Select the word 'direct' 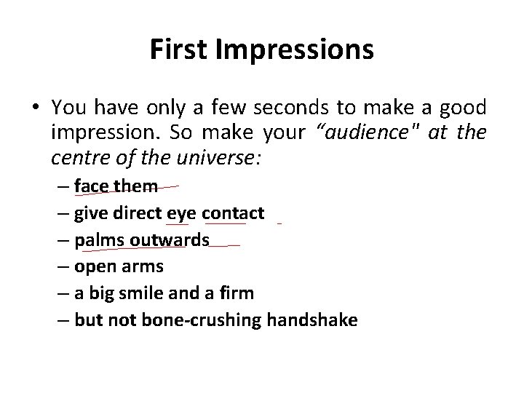coord(138,213)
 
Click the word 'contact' coord(233,213)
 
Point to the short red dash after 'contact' coord(279,223)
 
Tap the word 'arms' coord(142,266)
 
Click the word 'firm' coord(239,293)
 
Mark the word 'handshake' coord(312,320)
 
